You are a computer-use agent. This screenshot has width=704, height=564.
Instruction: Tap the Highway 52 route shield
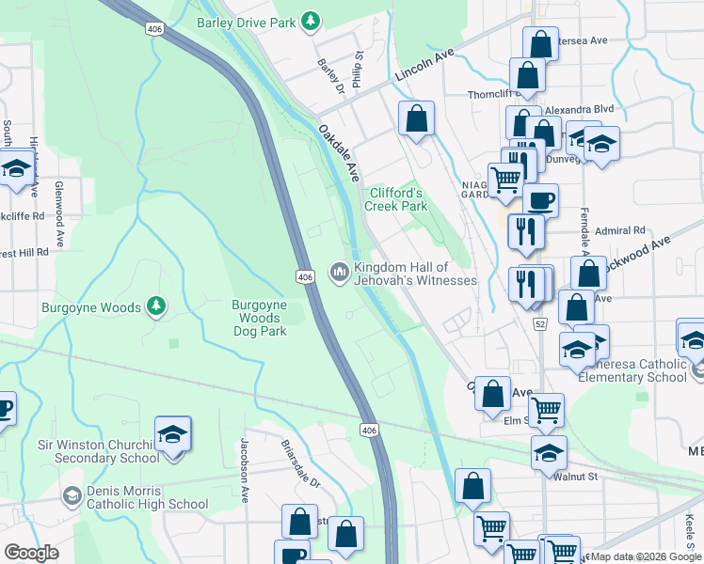539,324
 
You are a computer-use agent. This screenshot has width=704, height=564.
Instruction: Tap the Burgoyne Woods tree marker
156,306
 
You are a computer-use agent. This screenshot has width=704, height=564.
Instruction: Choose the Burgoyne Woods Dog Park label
260,318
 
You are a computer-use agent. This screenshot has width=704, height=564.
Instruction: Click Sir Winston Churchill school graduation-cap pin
172,434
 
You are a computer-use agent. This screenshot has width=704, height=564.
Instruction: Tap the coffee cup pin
540,200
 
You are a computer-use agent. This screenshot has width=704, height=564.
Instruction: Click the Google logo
31,553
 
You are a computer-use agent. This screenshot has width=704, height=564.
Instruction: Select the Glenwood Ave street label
58,213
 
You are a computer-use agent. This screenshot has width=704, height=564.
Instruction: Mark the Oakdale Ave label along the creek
339,153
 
